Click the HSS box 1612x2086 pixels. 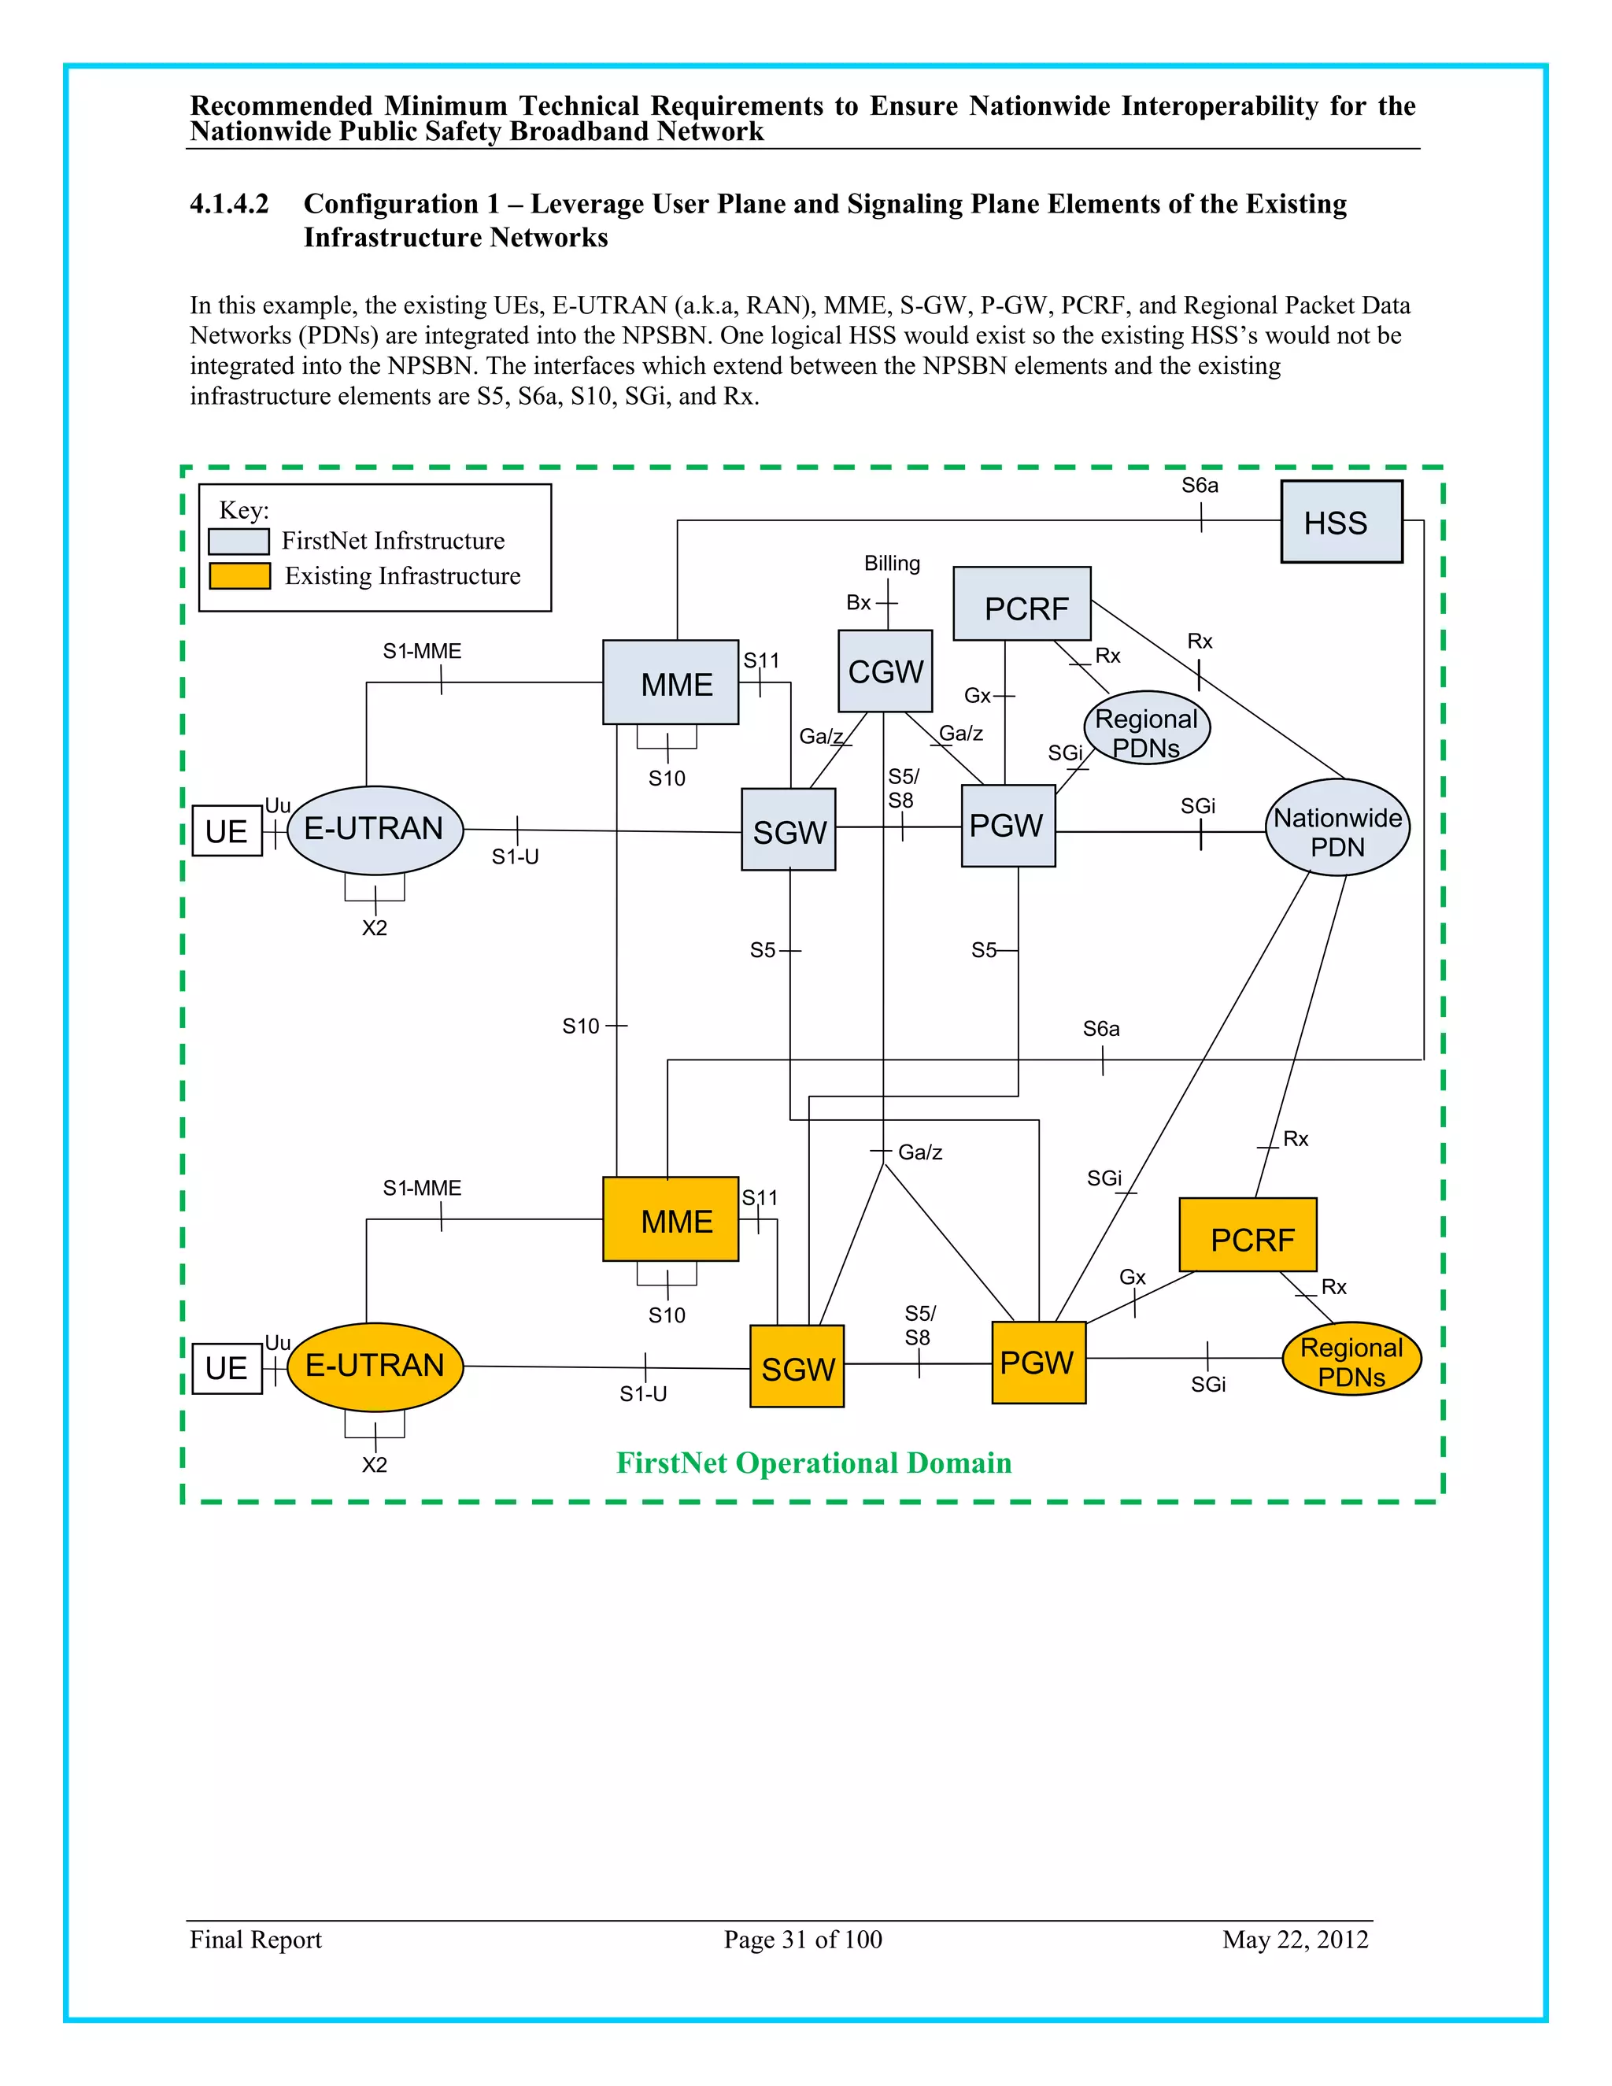click(x=1340, y=521)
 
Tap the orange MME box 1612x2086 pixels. click(x=671, y=1219)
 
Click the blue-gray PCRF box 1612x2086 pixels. click(x=1022, y=605)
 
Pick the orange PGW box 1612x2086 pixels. click(x=1038, y=1362)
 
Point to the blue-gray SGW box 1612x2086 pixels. click(x=788, y=829)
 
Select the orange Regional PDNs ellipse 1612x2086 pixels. click(x=1351, y=1359)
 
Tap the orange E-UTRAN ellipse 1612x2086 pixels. click(x=375, y=1367)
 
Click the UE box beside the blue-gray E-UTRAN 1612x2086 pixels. click(x=227, y=831)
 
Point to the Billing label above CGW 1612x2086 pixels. click(x=892, y=564)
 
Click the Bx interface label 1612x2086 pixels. click(x=858, y=603)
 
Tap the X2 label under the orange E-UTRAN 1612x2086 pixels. click(x=375, y=1465)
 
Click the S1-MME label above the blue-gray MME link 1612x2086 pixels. click(x=421, y=652)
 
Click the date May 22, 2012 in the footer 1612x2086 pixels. click(x=1295, y=1939)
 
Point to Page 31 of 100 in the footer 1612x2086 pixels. click(x=802, y=1939)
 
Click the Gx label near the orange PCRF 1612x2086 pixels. click(x=1132, y=1277)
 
